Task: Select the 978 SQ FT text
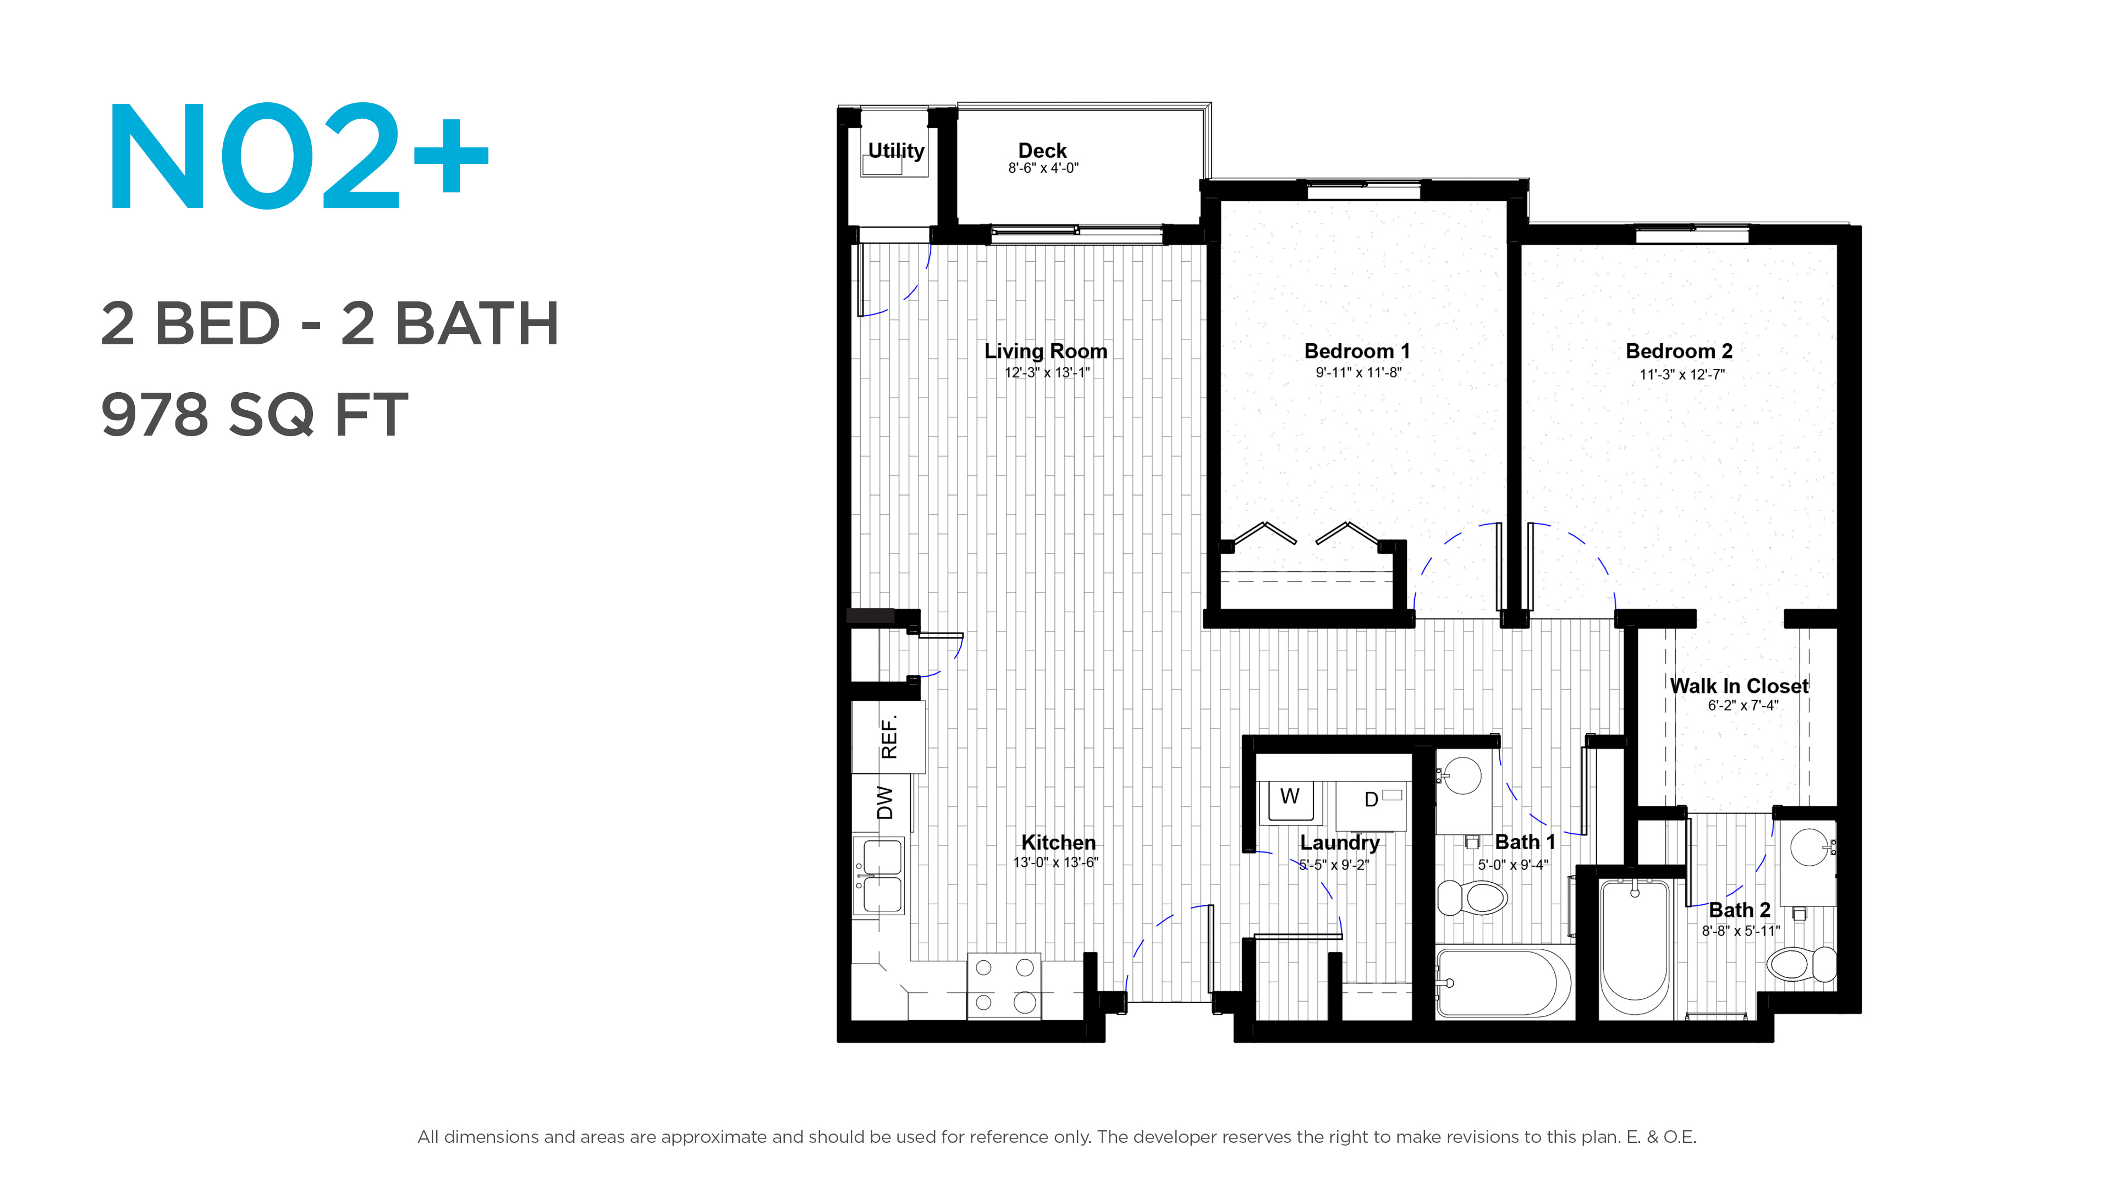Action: (x=254, y=414)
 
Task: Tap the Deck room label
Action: (x=1042, y=150)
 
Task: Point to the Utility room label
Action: (x=895, y=151)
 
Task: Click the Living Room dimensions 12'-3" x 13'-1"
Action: (x=1047, y=372)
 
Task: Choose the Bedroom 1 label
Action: (x=1357, y=351)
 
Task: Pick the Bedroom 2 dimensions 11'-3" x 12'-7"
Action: (x=1681, y=375)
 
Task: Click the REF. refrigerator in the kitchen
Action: (x=889, y=737)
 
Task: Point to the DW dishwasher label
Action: (x=884, y=802)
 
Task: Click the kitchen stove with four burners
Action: (x=1004, y=986)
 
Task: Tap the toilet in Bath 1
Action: (x=1472, y=898)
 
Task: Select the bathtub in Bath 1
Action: (x=1504, y=983)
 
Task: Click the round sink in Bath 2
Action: (x=1810, y=847)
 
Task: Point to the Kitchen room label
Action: (x=1058, y=842)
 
